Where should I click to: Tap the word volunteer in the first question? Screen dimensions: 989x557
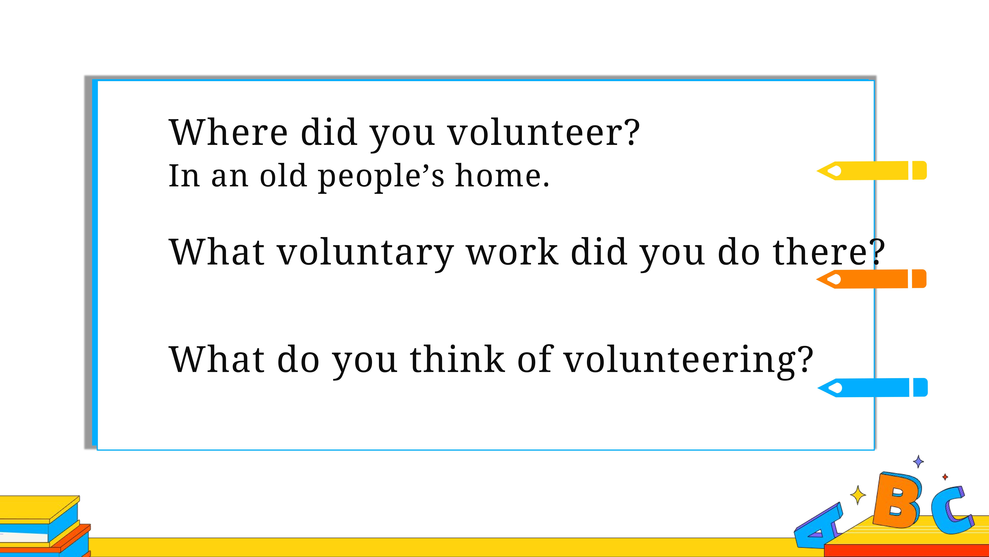537,133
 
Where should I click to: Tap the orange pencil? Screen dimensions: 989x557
871,279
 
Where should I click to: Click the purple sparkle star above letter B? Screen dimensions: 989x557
918,461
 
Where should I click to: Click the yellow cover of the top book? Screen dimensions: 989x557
38,507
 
